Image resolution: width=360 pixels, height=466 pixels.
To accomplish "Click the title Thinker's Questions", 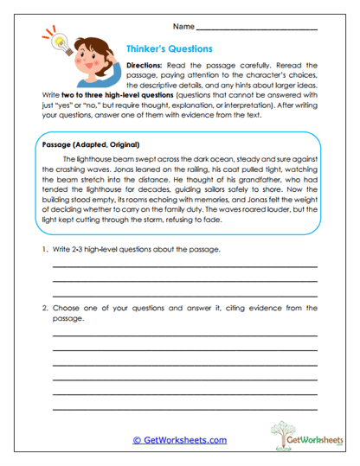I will click(x=170, y=49).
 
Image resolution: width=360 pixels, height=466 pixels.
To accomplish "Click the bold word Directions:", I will click(x=148, y=66).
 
